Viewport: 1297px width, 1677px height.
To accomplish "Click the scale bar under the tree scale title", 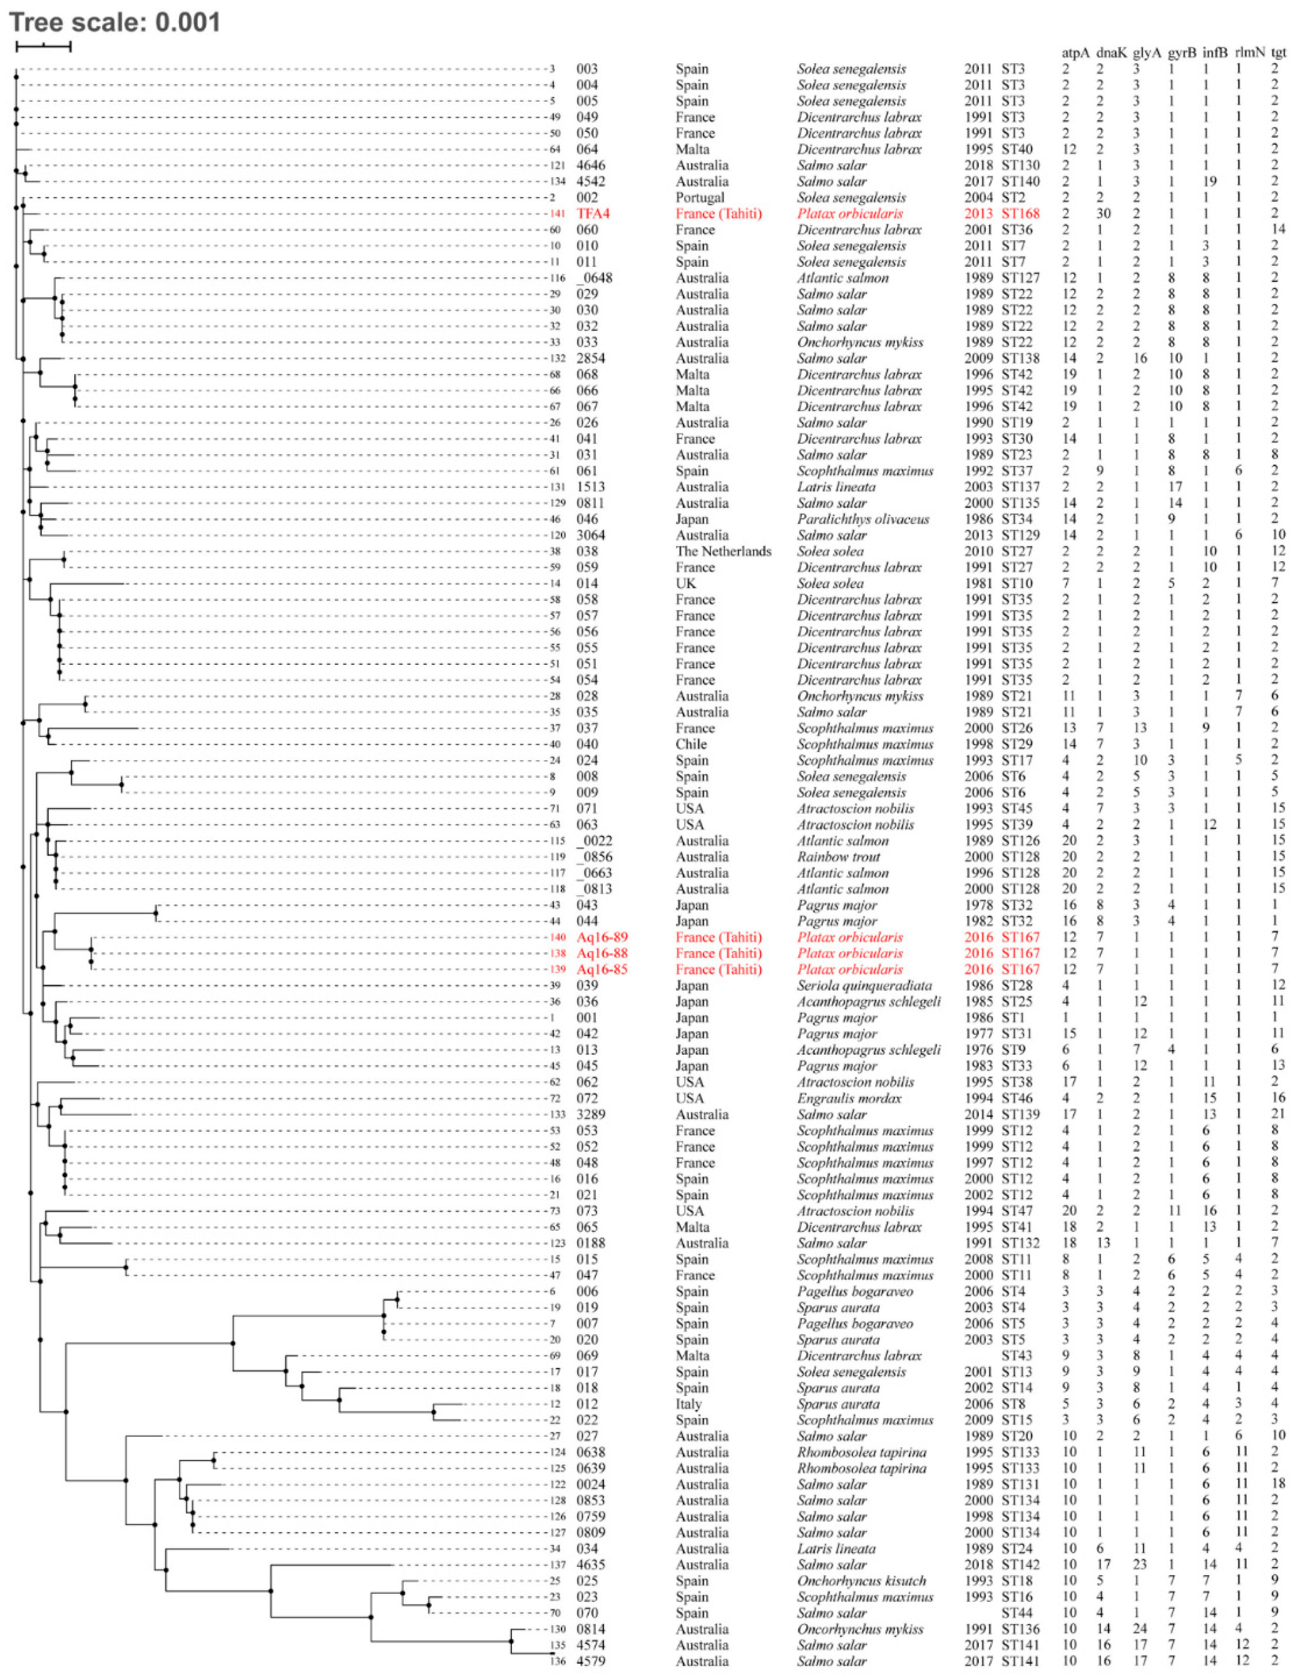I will (44, 46).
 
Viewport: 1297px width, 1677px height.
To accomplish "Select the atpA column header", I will (1075, 53).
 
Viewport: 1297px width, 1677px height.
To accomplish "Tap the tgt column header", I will (1279, 53).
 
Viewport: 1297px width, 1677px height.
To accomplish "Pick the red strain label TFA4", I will (593, 213).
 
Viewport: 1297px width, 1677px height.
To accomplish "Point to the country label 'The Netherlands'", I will (723, 551).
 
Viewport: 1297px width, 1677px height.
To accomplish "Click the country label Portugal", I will (700, 197).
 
